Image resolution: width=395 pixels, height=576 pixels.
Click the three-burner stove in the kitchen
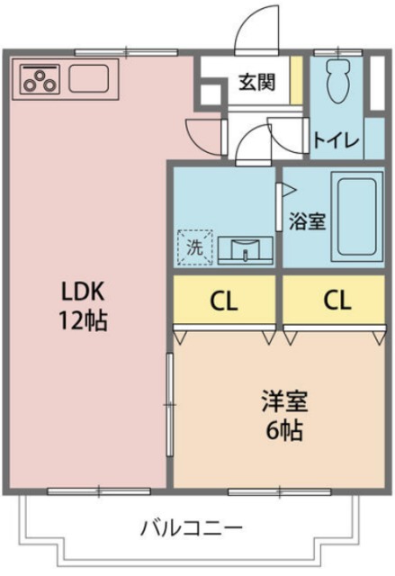click(40, 79)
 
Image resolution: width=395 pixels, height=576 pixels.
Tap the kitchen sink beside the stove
click(88, 79)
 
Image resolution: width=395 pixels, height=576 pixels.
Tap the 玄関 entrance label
click(256, 82)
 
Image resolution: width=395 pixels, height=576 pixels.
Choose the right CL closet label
click(337, 301)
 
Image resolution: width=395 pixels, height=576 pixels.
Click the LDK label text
click(84, 292)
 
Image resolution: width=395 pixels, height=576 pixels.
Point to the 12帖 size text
click(84, 319)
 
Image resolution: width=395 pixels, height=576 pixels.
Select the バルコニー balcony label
click(190, 527)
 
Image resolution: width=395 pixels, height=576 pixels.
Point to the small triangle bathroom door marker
click(287, 191)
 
